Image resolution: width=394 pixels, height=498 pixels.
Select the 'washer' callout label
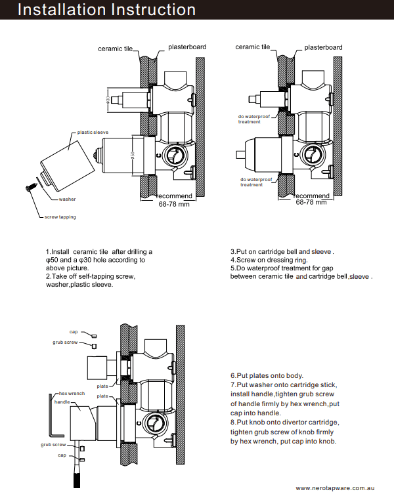pos(67,199)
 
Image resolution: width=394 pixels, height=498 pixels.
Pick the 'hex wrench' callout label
pos(72,393)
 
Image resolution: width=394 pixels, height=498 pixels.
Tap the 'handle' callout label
pos(62,402)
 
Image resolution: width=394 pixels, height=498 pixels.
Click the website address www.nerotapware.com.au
pos(335,488)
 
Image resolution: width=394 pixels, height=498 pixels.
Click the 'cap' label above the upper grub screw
pos(73,332)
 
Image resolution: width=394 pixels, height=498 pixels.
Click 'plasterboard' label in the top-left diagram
pos(187,47)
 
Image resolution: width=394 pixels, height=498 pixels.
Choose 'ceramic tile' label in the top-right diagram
pos(252,47)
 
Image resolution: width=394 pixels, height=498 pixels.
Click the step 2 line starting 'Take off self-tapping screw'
pos(90,276)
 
